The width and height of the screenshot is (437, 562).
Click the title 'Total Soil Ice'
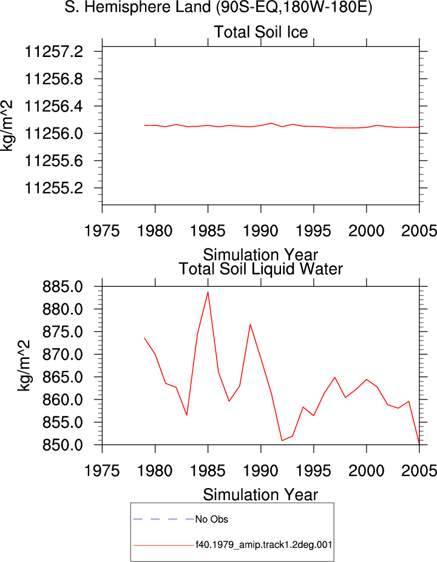coord(261,32)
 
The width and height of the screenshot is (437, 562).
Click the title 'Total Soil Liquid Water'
coord(261,269)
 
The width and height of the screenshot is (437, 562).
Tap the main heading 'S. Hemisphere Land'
coord(137,7)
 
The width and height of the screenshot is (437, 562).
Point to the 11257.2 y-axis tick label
coord(53,52)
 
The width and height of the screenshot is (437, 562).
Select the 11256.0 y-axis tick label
coord(53,134)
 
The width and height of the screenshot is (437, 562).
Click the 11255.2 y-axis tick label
coord(53,188)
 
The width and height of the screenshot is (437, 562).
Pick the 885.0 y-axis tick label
coord(63,287)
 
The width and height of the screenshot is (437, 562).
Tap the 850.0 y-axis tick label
coord(63,445)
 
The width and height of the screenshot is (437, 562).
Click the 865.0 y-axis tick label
coord(63,378)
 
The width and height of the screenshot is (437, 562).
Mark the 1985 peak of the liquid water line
coord(208,292)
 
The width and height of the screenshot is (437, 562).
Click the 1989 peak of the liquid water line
coord(250,324)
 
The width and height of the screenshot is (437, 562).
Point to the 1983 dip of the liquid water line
coord(186,415)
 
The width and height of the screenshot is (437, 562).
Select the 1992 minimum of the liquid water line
coord(282,440)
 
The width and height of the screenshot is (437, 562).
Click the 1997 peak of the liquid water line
coord(335,378)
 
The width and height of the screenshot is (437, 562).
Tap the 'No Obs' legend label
coord(212,520)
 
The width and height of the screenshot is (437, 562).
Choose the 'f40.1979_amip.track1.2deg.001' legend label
coord(263,545)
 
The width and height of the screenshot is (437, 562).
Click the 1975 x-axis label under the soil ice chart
coord(102,231)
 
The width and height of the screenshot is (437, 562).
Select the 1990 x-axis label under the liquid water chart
coord(260,471)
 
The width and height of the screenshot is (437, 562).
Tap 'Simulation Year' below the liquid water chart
coord(260,495)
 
